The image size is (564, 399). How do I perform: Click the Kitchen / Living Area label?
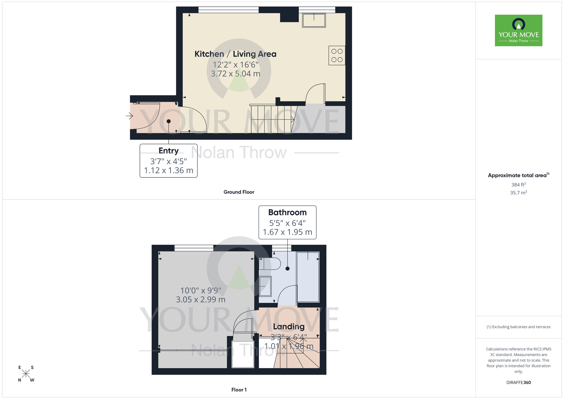pos(235,54)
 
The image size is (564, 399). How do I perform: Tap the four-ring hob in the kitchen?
pos(337,56)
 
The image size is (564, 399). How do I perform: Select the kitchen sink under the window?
pos(314,20)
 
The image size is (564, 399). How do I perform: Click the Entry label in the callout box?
pos(168,151)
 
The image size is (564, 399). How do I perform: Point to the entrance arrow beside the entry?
pos(129,116)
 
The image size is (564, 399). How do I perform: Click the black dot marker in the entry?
pos(169,121)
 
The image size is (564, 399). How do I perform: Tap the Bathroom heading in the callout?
pos(287,212)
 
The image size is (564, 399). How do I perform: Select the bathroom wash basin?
pos(265,286)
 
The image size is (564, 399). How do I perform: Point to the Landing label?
pos(289,326)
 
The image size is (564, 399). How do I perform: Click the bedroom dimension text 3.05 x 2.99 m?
pos(201,300)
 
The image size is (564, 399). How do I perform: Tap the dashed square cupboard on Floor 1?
pos(243,354)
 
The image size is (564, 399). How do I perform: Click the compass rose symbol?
pos(26,374)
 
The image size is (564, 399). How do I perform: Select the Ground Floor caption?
pos(239,192)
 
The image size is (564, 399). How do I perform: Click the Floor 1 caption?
pos(239,390)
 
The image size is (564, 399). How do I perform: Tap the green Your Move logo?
pos(518,30)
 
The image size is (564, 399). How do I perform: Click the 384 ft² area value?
pos(518,185)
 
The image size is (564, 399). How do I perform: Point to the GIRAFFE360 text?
pos(518,383)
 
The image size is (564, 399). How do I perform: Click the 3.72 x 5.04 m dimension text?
pos(235,74)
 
